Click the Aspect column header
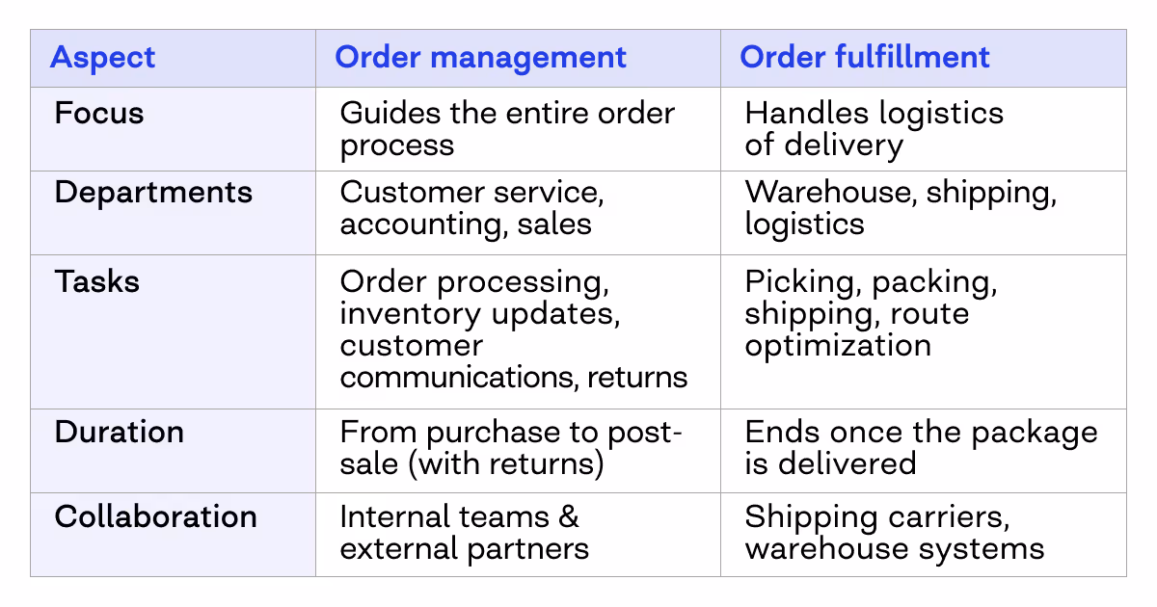[x=102, y=58]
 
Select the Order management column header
[x=480, y=58]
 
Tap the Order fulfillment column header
[x=864, y=58]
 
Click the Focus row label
[x=99, y=114]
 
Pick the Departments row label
[x=153, y=193]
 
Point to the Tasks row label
[x=97, y=282]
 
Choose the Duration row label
[x=119, y=432]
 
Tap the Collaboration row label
[x=155, y=516]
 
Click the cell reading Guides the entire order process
[x=507, y=129]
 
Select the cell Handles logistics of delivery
[x=874, y=129]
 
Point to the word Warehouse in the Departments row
[x=828, y=193]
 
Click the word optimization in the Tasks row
[x=838, y=345]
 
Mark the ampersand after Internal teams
[x=569, y=516]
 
